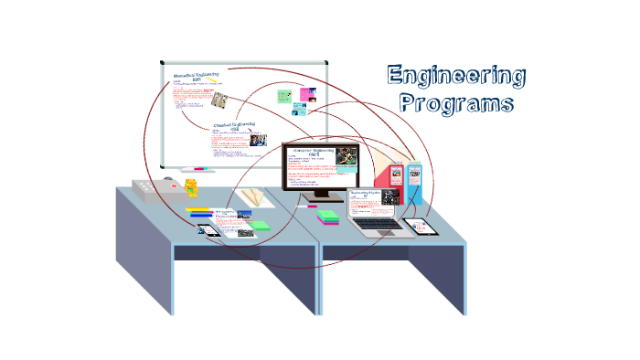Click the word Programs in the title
(x=456, y=102)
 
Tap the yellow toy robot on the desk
(x=191, y=187)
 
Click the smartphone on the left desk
(x=208, y=229)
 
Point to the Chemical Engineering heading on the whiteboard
(x=233, y=126)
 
